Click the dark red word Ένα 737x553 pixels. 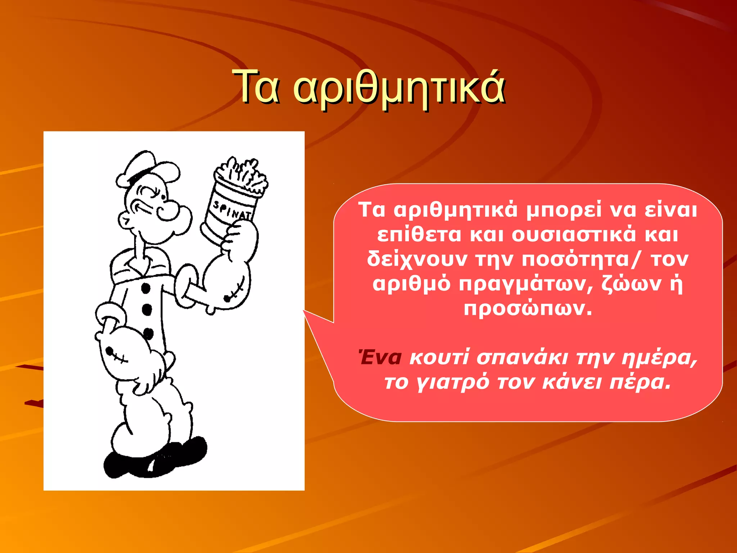pos(380,358)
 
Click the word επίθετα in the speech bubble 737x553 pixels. pos(419,235)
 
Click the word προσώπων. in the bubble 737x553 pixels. pos(528,308)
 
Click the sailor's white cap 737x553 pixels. pos(148,169)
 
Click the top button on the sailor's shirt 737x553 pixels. pos(145,288)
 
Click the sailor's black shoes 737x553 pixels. pos(155,459)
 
